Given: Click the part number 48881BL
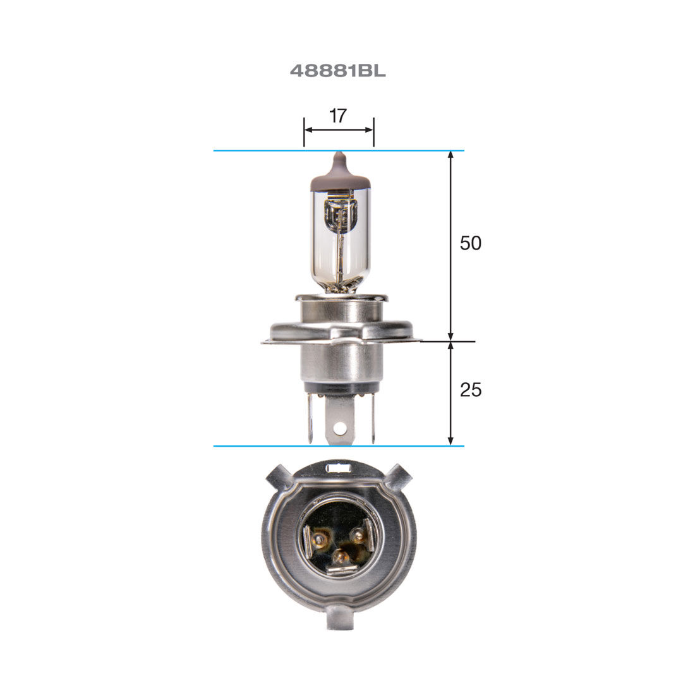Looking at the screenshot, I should tap(337, 71).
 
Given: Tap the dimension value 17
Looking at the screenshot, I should tap(338, 116).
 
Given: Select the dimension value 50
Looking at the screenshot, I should tap(470, 243).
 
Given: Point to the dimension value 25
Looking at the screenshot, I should tap(470, 390).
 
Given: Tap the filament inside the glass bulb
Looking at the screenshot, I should tap(340, 217).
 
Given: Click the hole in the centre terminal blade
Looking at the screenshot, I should tap(341, 428).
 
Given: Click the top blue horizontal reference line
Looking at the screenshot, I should tap(253, 150).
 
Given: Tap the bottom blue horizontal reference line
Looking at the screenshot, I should tap(253, 446).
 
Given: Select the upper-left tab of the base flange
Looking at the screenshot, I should tap(278, 477).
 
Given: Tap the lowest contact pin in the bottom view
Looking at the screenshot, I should tap(341, 557).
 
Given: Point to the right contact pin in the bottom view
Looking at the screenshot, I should tap(358, 536).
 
